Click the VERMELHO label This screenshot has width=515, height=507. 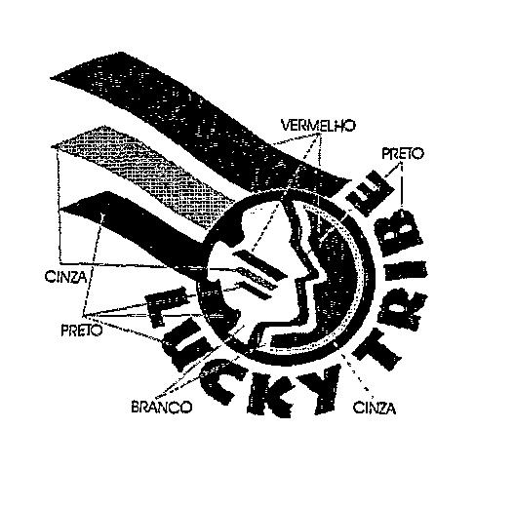click(x=318, y=126)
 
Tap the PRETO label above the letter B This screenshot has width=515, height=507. click(x=403, y=154)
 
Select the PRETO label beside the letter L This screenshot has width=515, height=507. click(x=82, y=331)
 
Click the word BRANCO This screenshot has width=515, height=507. click(x=161, y=408)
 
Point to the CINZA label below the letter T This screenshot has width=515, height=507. click(x=375, y=409)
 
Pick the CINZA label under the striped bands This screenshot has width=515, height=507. click(x=66, y=277)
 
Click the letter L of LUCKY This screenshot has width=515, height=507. click(x=168, y=306)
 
